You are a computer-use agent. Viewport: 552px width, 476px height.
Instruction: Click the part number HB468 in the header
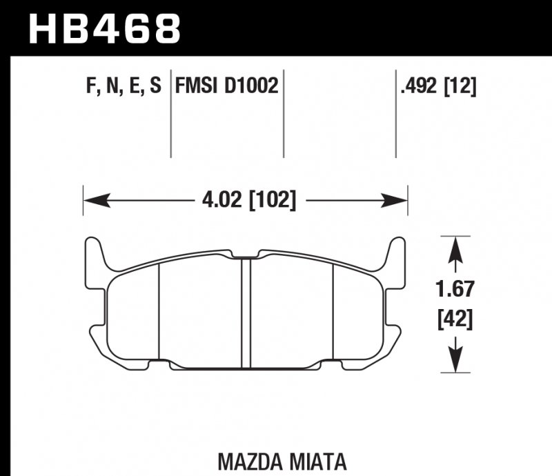tap(103, 29)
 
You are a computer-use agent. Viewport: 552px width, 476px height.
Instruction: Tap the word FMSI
tap(197, 86)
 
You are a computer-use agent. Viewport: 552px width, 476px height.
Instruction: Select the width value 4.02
tap(219, 201)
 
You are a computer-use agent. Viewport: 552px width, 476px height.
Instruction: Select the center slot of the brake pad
tap(245, 310)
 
